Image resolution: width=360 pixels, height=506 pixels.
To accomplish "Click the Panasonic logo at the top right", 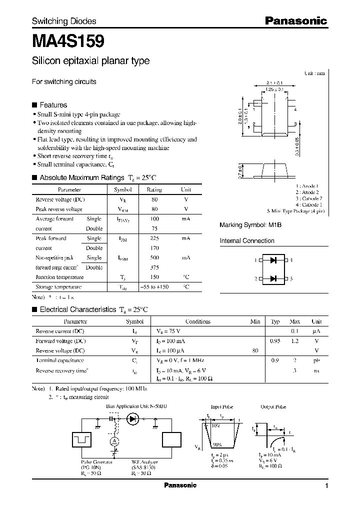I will click(295, 21).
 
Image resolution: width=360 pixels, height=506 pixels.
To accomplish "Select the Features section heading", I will click(53, 105).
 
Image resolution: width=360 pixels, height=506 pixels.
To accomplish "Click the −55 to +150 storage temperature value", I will click(154, 287).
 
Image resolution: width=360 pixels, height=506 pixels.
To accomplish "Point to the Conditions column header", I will click(197, 321).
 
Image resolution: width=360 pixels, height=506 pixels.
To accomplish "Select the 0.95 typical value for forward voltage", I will click(275, 341).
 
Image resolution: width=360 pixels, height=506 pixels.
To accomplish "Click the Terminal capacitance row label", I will click(60, 360).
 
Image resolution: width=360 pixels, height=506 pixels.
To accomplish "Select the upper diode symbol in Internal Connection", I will click(273, 260).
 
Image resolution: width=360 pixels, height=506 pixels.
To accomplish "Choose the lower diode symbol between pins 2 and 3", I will click(273, 278).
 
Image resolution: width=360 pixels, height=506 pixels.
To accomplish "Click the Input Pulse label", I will click(221, 407).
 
